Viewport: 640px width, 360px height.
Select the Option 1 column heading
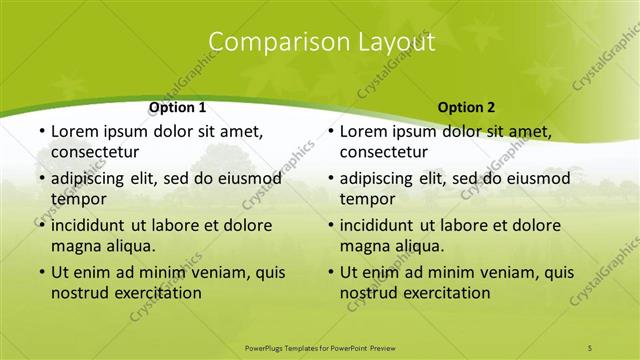pos(177,107)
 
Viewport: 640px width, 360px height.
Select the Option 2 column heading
pos(466,107)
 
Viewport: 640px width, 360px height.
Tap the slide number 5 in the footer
pos(590,346)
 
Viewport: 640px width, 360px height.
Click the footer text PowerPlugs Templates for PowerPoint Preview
pos(319,346)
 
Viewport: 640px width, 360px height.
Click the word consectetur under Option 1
pos(95,152)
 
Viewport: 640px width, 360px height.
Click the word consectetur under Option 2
pos(384,152)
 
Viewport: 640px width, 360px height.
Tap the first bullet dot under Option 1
pos(41,132)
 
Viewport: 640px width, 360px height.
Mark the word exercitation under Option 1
pos(156,294)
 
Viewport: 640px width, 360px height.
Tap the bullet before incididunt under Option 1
pos(41,226)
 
